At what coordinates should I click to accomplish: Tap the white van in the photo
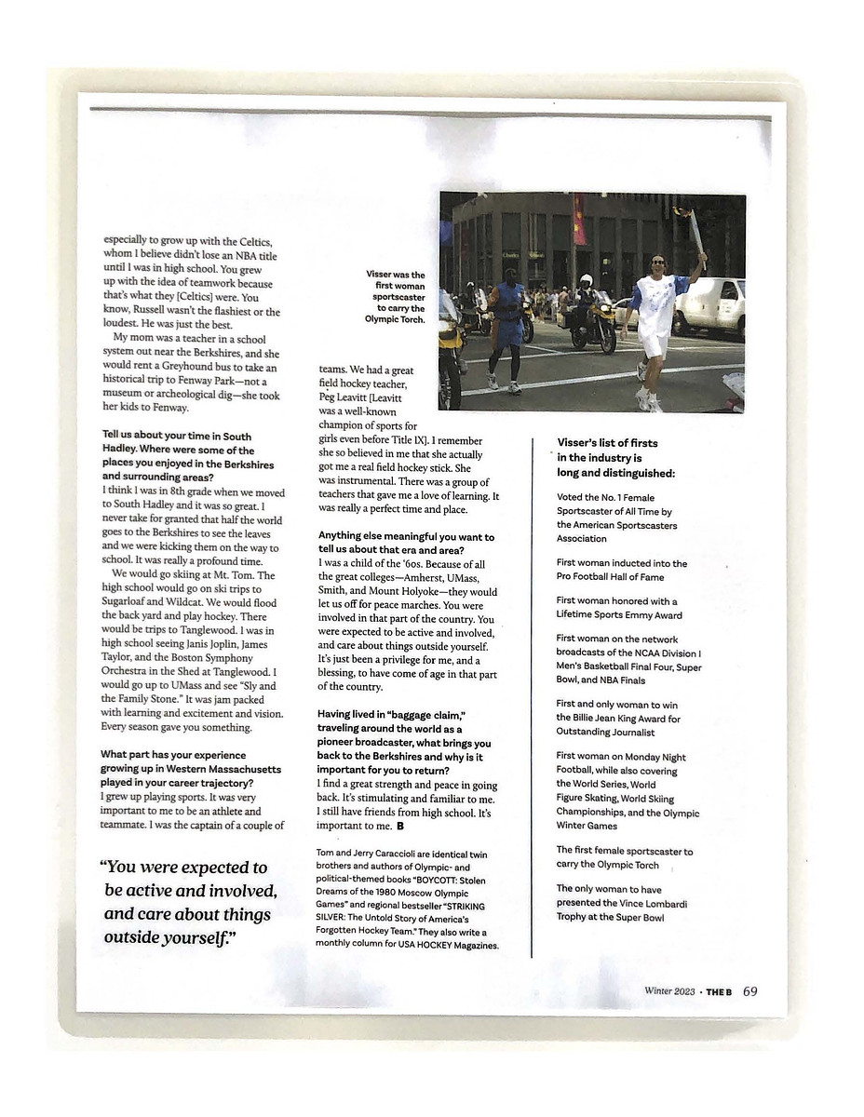click(710, 306)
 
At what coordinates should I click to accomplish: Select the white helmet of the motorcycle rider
click(586, 280)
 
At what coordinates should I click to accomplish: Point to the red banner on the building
click(580, 220)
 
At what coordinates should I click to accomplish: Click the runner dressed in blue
click(507, 326)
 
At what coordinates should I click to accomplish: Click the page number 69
click(750, 991)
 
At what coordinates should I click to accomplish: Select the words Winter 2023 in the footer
click(669, 992)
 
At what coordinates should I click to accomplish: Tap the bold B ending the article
click(400, 826)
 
